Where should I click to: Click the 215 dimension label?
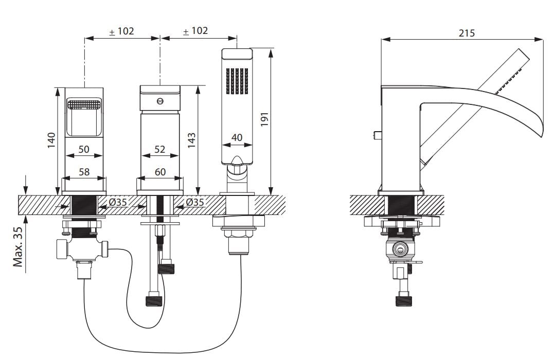467,33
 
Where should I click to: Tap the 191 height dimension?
264,119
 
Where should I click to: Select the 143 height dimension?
191,140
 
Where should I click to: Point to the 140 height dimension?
51,140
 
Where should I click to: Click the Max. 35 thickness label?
17,246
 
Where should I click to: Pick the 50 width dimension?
84,149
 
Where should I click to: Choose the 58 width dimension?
84,172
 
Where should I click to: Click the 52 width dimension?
159,149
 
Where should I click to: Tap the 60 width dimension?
160,172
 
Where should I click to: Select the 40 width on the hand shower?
237,137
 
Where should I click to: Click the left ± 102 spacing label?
121,31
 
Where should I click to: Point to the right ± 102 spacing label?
195,31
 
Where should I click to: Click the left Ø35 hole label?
118,203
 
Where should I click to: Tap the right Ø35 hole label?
195,202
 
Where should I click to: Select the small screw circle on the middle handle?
159,101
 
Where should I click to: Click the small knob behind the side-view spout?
377,135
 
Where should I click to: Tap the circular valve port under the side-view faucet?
400,250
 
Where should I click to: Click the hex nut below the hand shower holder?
237,233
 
